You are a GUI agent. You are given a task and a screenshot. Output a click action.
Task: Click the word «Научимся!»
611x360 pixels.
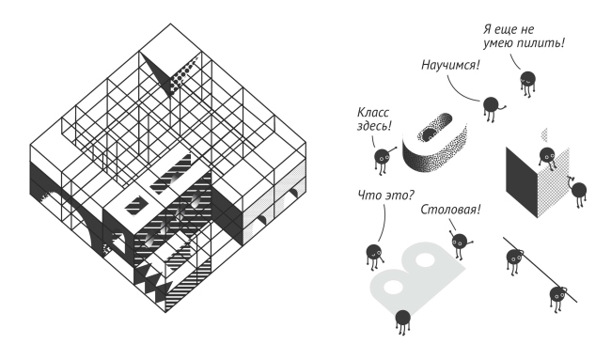[x=450, y=65]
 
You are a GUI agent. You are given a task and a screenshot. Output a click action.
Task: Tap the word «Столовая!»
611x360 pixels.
[x=450, y=210]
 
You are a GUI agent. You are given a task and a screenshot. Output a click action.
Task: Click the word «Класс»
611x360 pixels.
[x=373, y=113]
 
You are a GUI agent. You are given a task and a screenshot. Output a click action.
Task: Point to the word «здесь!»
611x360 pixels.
[x=374, y=126]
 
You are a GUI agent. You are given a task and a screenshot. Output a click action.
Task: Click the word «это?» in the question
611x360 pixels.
[x=400, y=195]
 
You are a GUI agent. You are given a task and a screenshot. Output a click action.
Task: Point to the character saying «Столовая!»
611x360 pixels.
[x=460, y=243]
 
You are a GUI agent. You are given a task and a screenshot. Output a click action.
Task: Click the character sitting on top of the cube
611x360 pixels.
[x=547, y=157]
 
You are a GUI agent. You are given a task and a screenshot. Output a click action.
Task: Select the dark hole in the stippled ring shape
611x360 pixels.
[x=430, y=134]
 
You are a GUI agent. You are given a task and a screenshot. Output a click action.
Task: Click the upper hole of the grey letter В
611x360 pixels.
[x=425, y=260]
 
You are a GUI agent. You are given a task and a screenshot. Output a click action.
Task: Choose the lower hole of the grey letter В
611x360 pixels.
[x=394, y=287]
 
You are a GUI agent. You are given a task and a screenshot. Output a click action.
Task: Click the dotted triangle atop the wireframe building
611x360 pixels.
[x=182, y=75]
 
